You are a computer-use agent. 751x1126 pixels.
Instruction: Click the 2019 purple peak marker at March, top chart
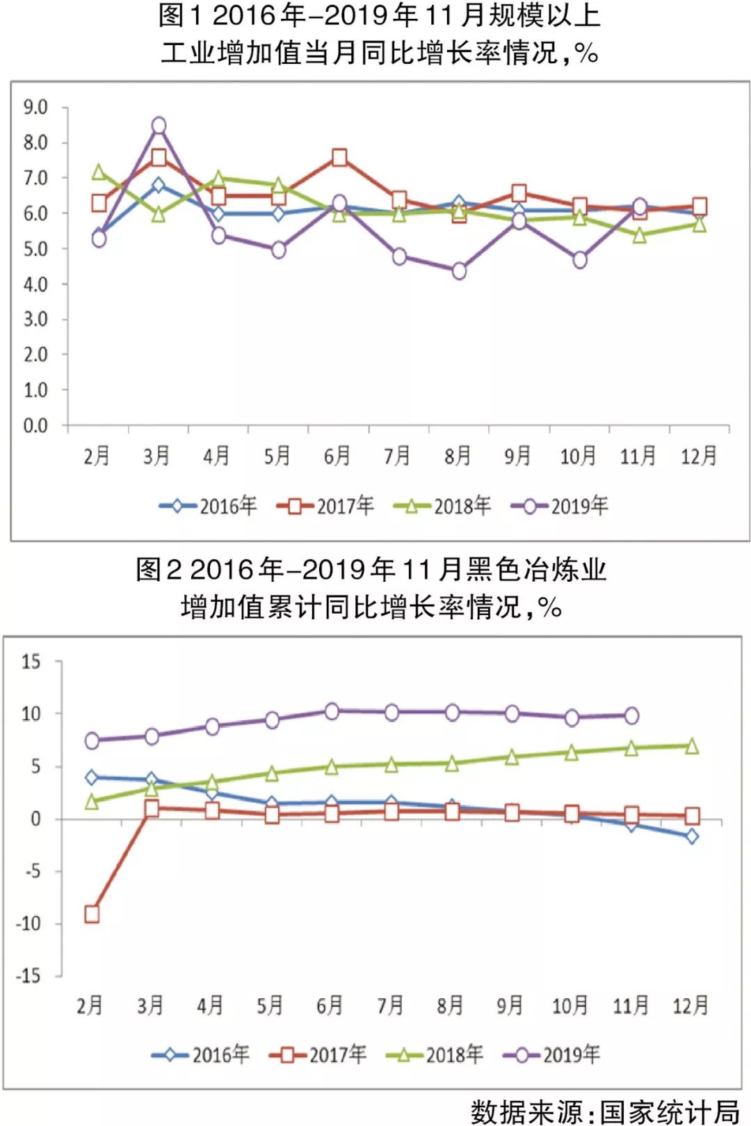coord(159,126)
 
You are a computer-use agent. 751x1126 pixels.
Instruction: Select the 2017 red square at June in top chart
coord(339,158)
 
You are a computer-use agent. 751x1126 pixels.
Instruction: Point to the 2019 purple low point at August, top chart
coord(459,271)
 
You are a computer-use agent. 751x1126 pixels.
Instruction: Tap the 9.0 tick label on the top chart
coord(35,108)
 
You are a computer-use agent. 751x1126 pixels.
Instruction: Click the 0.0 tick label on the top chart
coord(35,425)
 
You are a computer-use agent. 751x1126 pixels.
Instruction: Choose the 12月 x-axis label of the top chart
coord(698,456)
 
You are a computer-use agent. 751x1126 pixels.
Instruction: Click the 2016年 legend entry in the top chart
coord(208,506)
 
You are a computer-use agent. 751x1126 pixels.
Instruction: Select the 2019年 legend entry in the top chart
coord(560,506)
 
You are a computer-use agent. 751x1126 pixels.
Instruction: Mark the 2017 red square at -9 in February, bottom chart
coord(92,914)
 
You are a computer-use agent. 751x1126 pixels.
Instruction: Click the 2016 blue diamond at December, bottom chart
coord(692,836)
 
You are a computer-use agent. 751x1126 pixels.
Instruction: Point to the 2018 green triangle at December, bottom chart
coord(692,746)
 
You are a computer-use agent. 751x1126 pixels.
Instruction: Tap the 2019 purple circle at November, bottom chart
coord(631,715)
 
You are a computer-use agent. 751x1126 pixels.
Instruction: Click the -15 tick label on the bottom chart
coord(29,976)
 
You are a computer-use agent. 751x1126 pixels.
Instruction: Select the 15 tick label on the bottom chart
coord(31,661)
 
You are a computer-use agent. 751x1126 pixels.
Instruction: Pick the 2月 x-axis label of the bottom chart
coord(90,1005)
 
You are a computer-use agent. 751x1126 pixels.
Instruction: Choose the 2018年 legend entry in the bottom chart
coord(435,1055)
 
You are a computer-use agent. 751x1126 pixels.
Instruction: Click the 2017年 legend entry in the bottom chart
coord(318,1055)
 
